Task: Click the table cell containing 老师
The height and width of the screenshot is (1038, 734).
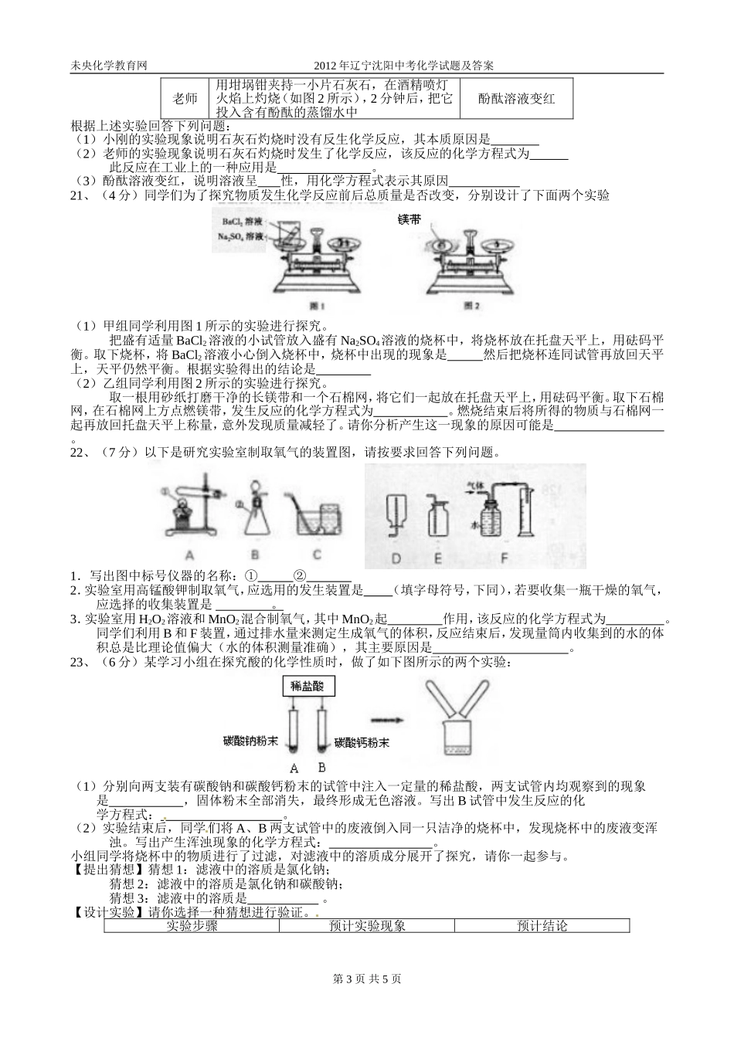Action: pos(185,98)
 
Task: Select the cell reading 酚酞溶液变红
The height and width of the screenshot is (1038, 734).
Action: pos(516,98)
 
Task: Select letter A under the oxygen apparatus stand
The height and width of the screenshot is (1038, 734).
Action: pos(190,554)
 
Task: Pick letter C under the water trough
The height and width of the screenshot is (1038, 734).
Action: pos(317,554)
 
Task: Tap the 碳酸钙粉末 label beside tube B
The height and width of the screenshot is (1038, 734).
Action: pos(362,743)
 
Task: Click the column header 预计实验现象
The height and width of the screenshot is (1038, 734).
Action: pos(367,925)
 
